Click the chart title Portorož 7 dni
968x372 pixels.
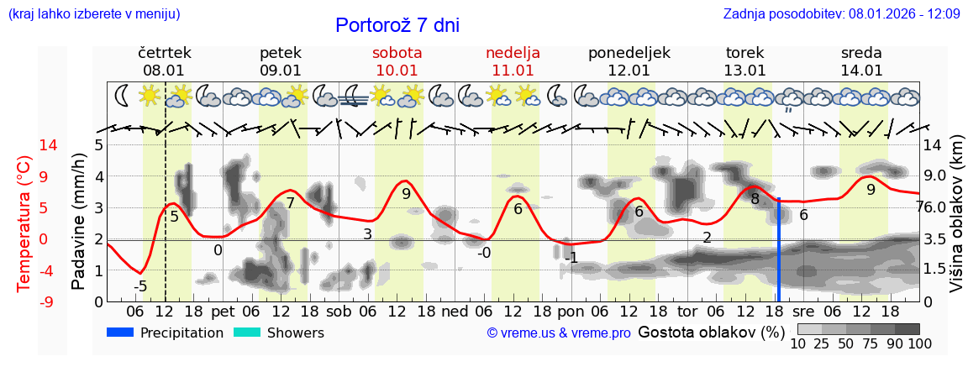(x=397, y=25)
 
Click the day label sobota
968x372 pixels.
(x=397, y=53)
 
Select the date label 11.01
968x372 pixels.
(x=513, y=71)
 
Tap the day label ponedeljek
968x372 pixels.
(x=629, y=53)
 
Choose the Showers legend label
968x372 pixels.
(x=295, y=333)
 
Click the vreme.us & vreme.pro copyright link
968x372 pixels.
(x=559, y=333)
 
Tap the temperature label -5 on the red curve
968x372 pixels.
(x=140, y=286)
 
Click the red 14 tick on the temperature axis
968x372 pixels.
(x=25, y=145)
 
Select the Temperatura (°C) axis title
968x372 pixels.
(x=24, y=223)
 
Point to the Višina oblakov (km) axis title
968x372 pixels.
(x=956, y=223)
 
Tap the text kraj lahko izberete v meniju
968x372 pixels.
(x=93, y=14)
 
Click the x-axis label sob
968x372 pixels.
(x=339, y=311)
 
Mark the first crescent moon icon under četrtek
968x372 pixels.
(x=122, y=95)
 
